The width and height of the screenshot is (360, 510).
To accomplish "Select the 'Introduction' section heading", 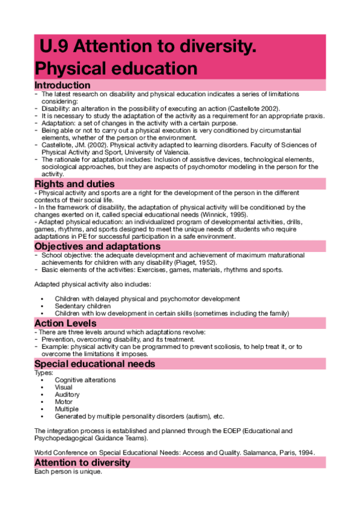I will tap(63, 85).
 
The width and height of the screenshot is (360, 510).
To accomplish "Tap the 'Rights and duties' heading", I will tap(74, 183).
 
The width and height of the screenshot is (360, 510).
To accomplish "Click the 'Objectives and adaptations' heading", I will tap(97, 247).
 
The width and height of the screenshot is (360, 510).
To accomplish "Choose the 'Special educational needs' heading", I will tap(95, 364).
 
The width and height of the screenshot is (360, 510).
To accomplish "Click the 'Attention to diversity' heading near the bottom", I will tap(82, 462).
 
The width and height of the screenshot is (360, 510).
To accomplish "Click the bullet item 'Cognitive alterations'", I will tap(85, 380).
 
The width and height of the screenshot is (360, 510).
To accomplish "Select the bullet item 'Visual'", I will tap(64, 388).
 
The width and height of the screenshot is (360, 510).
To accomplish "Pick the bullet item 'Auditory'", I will tap(67, 395).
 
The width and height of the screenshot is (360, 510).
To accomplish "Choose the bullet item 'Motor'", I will tap(64, 402).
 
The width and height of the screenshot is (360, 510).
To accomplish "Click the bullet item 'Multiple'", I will tap(66, 409).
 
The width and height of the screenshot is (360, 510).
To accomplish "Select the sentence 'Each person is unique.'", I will tap(68, 472).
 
